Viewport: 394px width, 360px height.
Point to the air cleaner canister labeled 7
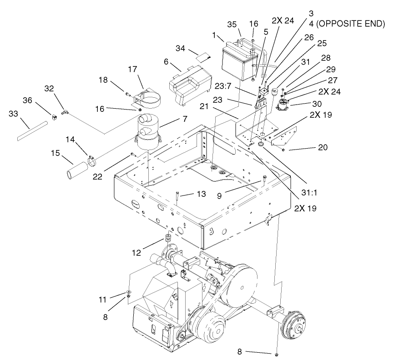coord(148,134)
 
